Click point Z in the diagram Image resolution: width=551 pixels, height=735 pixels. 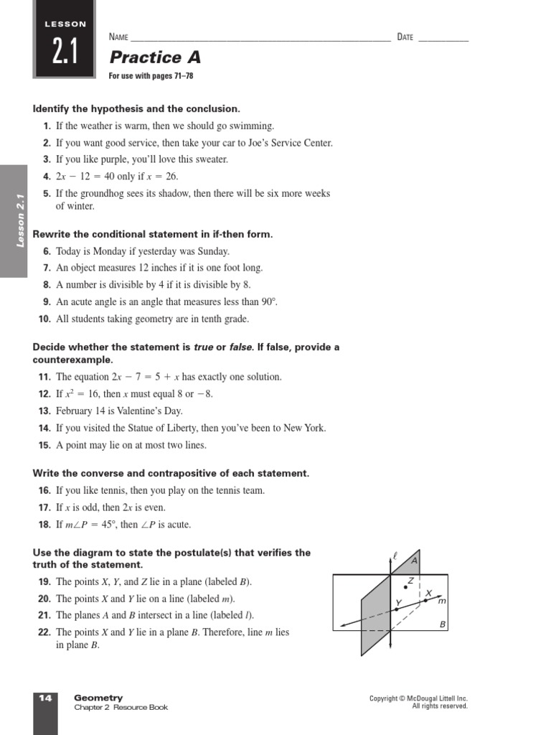click(406, 586)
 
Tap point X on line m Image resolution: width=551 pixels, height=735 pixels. click(425, 601)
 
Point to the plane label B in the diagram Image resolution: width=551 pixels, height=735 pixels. click(443, 624)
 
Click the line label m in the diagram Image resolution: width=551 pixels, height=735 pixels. click(442, 600)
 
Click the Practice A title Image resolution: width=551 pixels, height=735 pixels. click(154, 57)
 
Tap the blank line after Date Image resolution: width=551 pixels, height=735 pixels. click(443, 39)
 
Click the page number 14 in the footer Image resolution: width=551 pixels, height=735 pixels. click(45, 698)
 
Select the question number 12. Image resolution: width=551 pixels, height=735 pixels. click(44, 394)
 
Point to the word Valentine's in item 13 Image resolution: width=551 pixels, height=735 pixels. click(143, 411)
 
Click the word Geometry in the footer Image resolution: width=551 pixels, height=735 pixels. click(98, 698)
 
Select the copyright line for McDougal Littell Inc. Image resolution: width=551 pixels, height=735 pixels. click(418, 698)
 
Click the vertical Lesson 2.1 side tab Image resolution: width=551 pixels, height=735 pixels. click(20, 221)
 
